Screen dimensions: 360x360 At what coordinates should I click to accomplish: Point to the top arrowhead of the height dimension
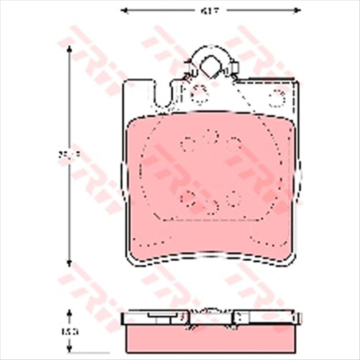(69, 47)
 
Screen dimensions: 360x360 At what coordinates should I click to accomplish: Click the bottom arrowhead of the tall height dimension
(69, 263)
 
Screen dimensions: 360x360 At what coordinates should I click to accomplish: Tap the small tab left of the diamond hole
(188, 72)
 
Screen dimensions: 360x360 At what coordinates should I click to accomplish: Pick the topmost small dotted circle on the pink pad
(211, 134)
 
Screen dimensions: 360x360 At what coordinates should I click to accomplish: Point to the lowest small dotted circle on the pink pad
(213, 208)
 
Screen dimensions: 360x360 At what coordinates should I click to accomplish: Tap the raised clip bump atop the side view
(210, 313)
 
